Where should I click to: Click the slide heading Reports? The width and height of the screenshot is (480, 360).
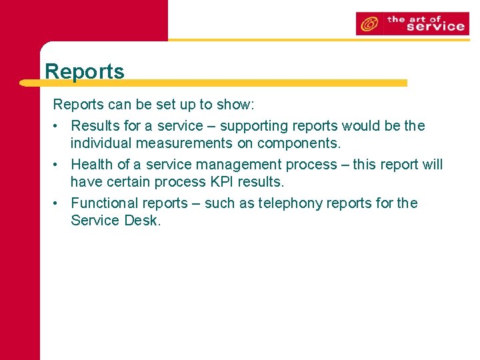coord(85,71)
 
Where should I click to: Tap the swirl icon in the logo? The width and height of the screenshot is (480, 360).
coord(369,24)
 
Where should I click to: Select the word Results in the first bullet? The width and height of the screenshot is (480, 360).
coord(95,126)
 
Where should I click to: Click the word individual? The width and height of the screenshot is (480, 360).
coord(103,143)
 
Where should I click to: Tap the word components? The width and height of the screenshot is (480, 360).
coord(299,143)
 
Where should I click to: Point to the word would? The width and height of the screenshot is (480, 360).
coord(363,126)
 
